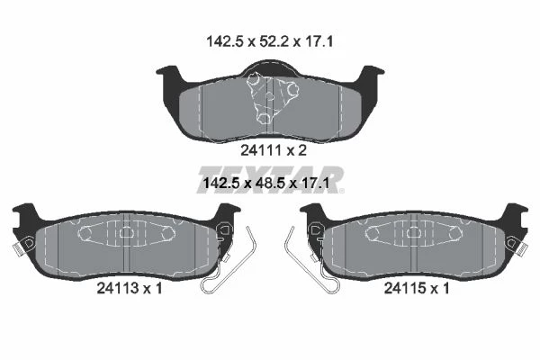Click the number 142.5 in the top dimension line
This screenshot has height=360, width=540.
coord(225,42)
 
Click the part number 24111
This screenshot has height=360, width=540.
coord(261,150)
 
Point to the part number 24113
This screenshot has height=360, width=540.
coord(118,288)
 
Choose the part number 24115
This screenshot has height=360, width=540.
coord(405,288)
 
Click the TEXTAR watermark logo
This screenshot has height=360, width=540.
coord(271,180)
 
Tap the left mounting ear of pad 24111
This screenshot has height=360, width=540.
coord(169,74)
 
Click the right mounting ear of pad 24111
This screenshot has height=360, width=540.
coord(371,74)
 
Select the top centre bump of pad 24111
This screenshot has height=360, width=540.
coord(270,67)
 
